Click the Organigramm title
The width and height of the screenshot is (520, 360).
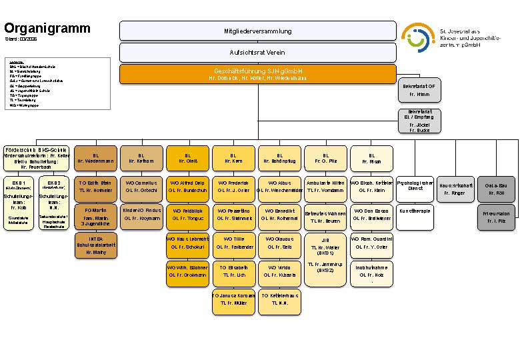(x=47, y=28)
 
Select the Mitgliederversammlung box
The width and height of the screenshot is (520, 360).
(x=258, y=31)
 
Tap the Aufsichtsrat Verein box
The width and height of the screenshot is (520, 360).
(x=258, y=53)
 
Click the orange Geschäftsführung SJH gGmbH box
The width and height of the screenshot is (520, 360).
(x=258, y=74)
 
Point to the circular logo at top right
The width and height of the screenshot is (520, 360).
(x=417, y=37)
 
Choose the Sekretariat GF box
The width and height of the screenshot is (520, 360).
(x=419, y=91)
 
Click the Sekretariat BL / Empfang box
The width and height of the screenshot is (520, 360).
(x=419, y=121)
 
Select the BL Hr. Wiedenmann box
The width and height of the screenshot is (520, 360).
(x=95, y=158)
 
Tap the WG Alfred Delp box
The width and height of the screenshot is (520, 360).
(x=187, y=186)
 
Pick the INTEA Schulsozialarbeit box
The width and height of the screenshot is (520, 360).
(x=95, y=245)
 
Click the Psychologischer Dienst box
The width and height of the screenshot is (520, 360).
(x=415, y=186)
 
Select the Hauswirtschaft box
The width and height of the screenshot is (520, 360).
(x=456, y=189)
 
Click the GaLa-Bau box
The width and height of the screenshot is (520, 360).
(x=497, y=189)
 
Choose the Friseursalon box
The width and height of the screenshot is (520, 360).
(x=497, y=217)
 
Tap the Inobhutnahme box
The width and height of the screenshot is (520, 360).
(x=371, y=273)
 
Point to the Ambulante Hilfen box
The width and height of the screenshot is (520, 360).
(x=325, y=186)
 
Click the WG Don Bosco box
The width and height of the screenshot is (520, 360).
(x=371, y=214)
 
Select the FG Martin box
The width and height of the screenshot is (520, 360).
(x=95, y=217)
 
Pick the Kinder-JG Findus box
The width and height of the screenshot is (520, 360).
(x=142, y=214)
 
